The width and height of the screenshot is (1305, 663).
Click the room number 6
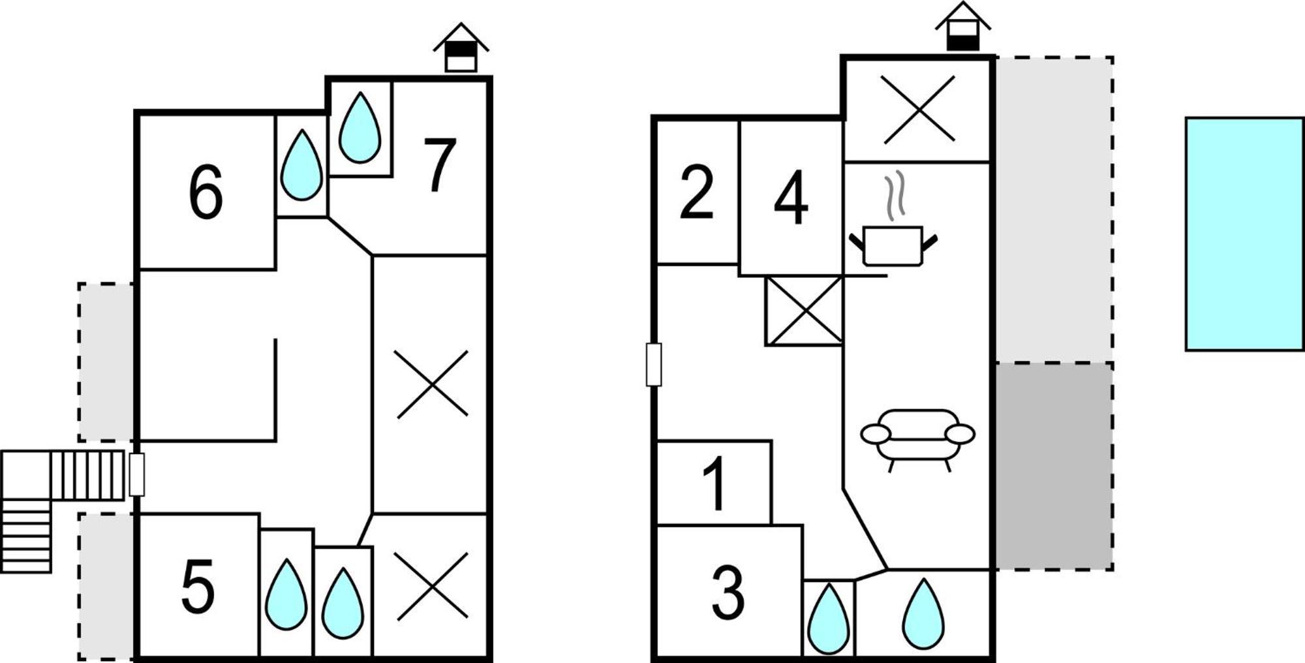click(x=206, y=192)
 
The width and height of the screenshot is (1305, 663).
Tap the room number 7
click(x=440, y=164)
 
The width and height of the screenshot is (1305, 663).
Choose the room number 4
click(x=791, y=197)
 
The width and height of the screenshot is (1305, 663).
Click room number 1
click(x=715, y=483)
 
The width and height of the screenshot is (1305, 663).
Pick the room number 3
click(x=728, y=593)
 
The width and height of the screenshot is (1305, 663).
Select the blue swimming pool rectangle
click(x=1244, y=234)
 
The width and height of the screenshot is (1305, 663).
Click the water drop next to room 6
click(x=301, y=165)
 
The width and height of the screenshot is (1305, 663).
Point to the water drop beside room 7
click(x=360, y=128)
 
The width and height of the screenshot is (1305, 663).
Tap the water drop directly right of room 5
click(x=286, y=594)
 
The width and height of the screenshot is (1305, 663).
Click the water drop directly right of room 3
click(x=829, y=619)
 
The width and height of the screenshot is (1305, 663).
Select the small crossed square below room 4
click(x=804, y=311)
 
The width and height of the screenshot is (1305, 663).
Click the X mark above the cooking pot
click(x=919, y=109)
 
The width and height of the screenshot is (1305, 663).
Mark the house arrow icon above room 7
click(x=461, y=48)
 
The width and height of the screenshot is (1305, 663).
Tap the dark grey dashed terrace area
click(x=1054, y=466)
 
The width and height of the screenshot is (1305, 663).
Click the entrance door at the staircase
click(x=136, y=474)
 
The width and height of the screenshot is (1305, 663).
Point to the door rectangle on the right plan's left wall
click(x=654, y=364)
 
